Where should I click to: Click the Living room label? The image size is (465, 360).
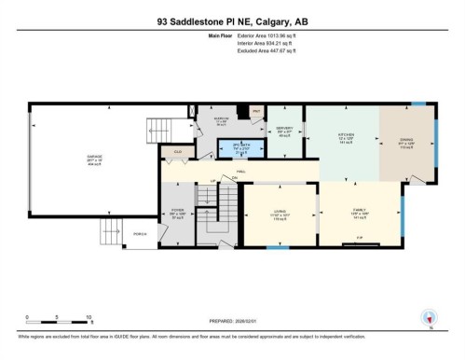(x=279, y=214)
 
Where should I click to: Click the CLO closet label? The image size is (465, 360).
(x=177, y=150)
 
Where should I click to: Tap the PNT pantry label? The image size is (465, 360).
(x=256, y=110)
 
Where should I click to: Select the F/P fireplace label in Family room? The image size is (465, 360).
(x=360, y=238)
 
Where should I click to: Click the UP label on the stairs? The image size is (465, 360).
(x=212, y=180)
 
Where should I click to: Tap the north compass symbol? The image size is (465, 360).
(x=429, y=317)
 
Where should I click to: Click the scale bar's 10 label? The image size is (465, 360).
(x=89, y=317)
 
